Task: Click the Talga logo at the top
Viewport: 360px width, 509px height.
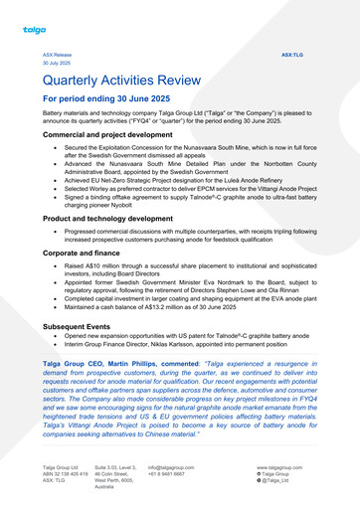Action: coord(35,30)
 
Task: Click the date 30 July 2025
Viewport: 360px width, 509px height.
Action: coord(57,63)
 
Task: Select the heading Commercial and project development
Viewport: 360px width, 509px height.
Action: coord(114,133)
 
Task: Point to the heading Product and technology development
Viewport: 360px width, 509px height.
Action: coord(118,217)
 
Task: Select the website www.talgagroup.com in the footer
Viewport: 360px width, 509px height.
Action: coord(279,466)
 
